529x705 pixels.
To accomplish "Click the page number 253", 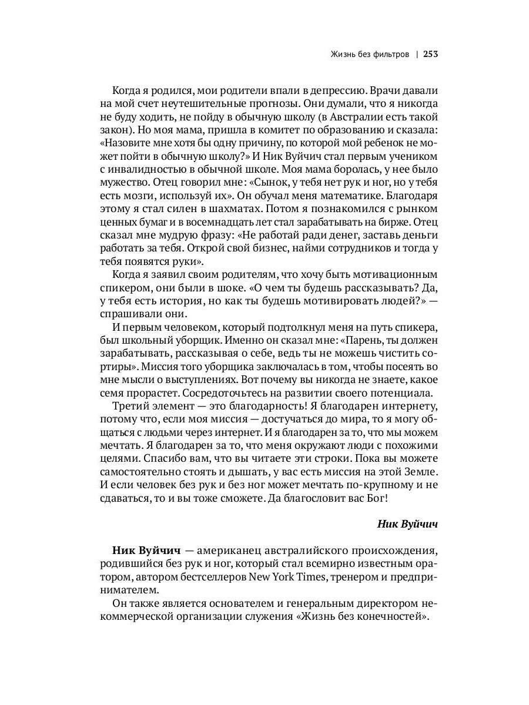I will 431,55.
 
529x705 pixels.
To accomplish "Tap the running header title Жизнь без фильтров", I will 370,55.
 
